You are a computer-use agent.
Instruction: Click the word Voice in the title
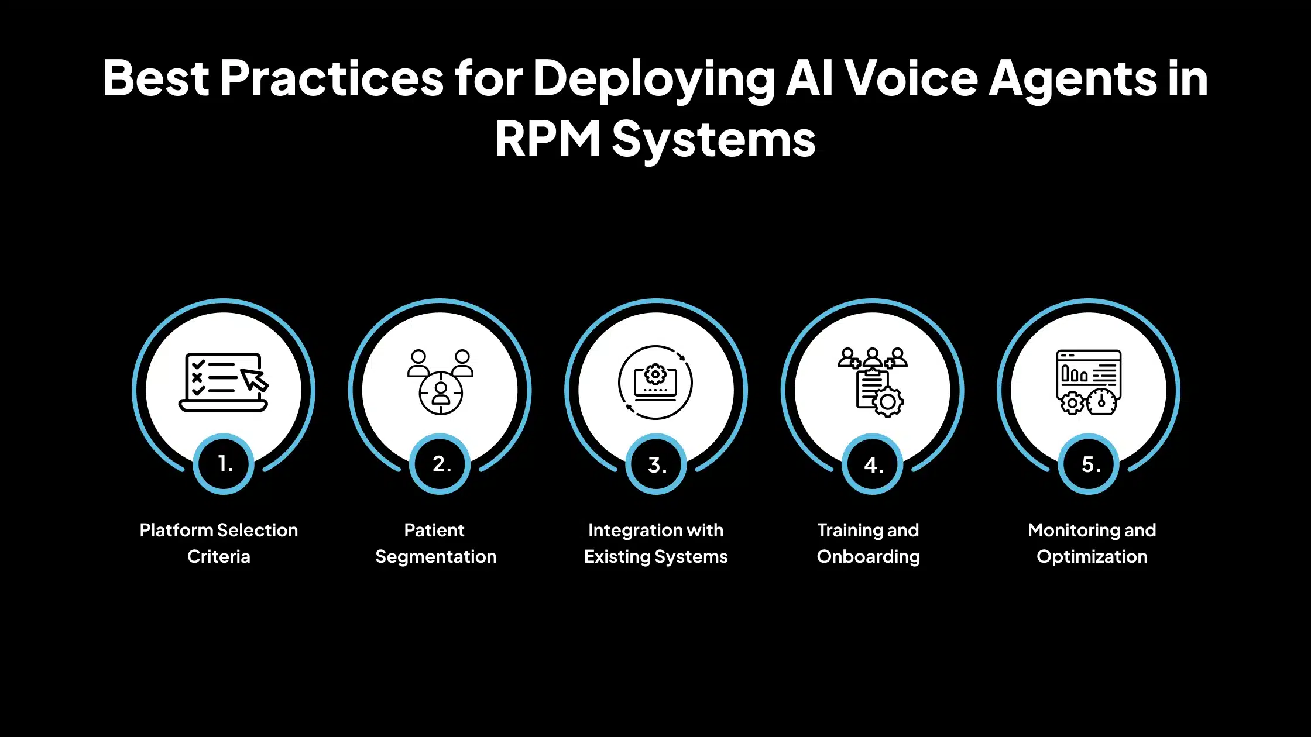click(911, 78)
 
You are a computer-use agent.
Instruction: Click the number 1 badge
click(224, 464)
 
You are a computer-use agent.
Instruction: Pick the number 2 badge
click(440, 464)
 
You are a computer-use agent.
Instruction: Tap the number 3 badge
click(656, 464)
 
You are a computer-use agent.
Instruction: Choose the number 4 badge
click(873, 464)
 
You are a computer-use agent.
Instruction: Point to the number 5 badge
click(1089, 464)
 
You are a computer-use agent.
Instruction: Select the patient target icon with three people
click(440, 382)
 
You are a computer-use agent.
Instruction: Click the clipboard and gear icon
click(872, 382)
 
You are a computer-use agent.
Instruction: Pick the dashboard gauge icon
click(1089, 382)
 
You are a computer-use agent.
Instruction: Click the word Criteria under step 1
click(218, 556)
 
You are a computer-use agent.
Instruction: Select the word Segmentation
click(435, 556)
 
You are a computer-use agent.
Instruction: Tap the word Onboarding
click(868, 556)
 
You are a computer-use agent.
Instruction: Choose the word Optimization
click(1092, 556)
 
